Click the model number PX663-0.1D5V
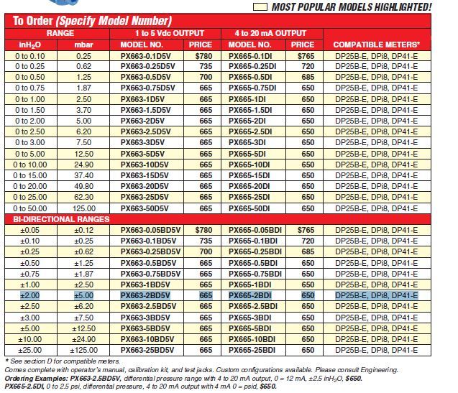(147, 55)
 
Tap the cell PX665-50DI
(249, 208)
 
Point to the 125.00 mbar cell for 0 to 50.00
(83, 208)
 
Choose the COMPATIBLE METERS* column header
(376, 45)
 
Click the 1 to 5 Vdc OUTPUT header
(169, 33)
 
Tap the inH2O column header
(29, 45)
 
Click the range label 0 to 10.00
(29, 164)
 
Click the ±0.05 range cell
(29, 229)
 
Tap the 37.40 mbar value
(83, 175)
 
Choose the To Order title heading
(92, 20)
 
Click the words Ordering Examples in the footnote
(35, 379)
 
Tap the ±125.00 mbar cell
(83, 350)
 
